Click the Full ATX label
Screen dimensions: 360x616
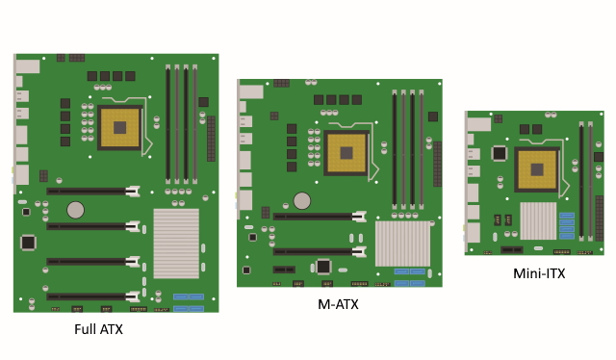pyautogui.click(x=98, y=329)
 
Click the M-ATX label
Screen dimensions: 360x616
pyautogui.click(x=339, y=305)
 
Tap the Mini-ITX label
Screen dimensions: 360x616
pyautogui.click(x=539, y=273)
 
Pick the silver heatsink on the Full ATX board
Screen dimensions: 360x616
pyautogui.click(x=176, y=243)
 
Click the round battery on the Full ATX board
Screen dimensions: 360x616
pyautogui.click(x=75, y=210)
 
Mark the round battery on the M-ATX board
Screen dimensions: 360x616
pyautogui.click(x=301, y=200)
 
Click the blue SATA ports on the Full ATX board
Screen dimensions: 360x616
pyautogui.click(x=189, y=303)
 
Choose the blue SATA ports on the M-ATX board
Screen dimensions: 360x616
pyautogui.click(x=408, y=277)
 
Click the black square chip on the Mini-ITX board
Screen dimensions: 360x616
pyautogui.click(x=500, y=153)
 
